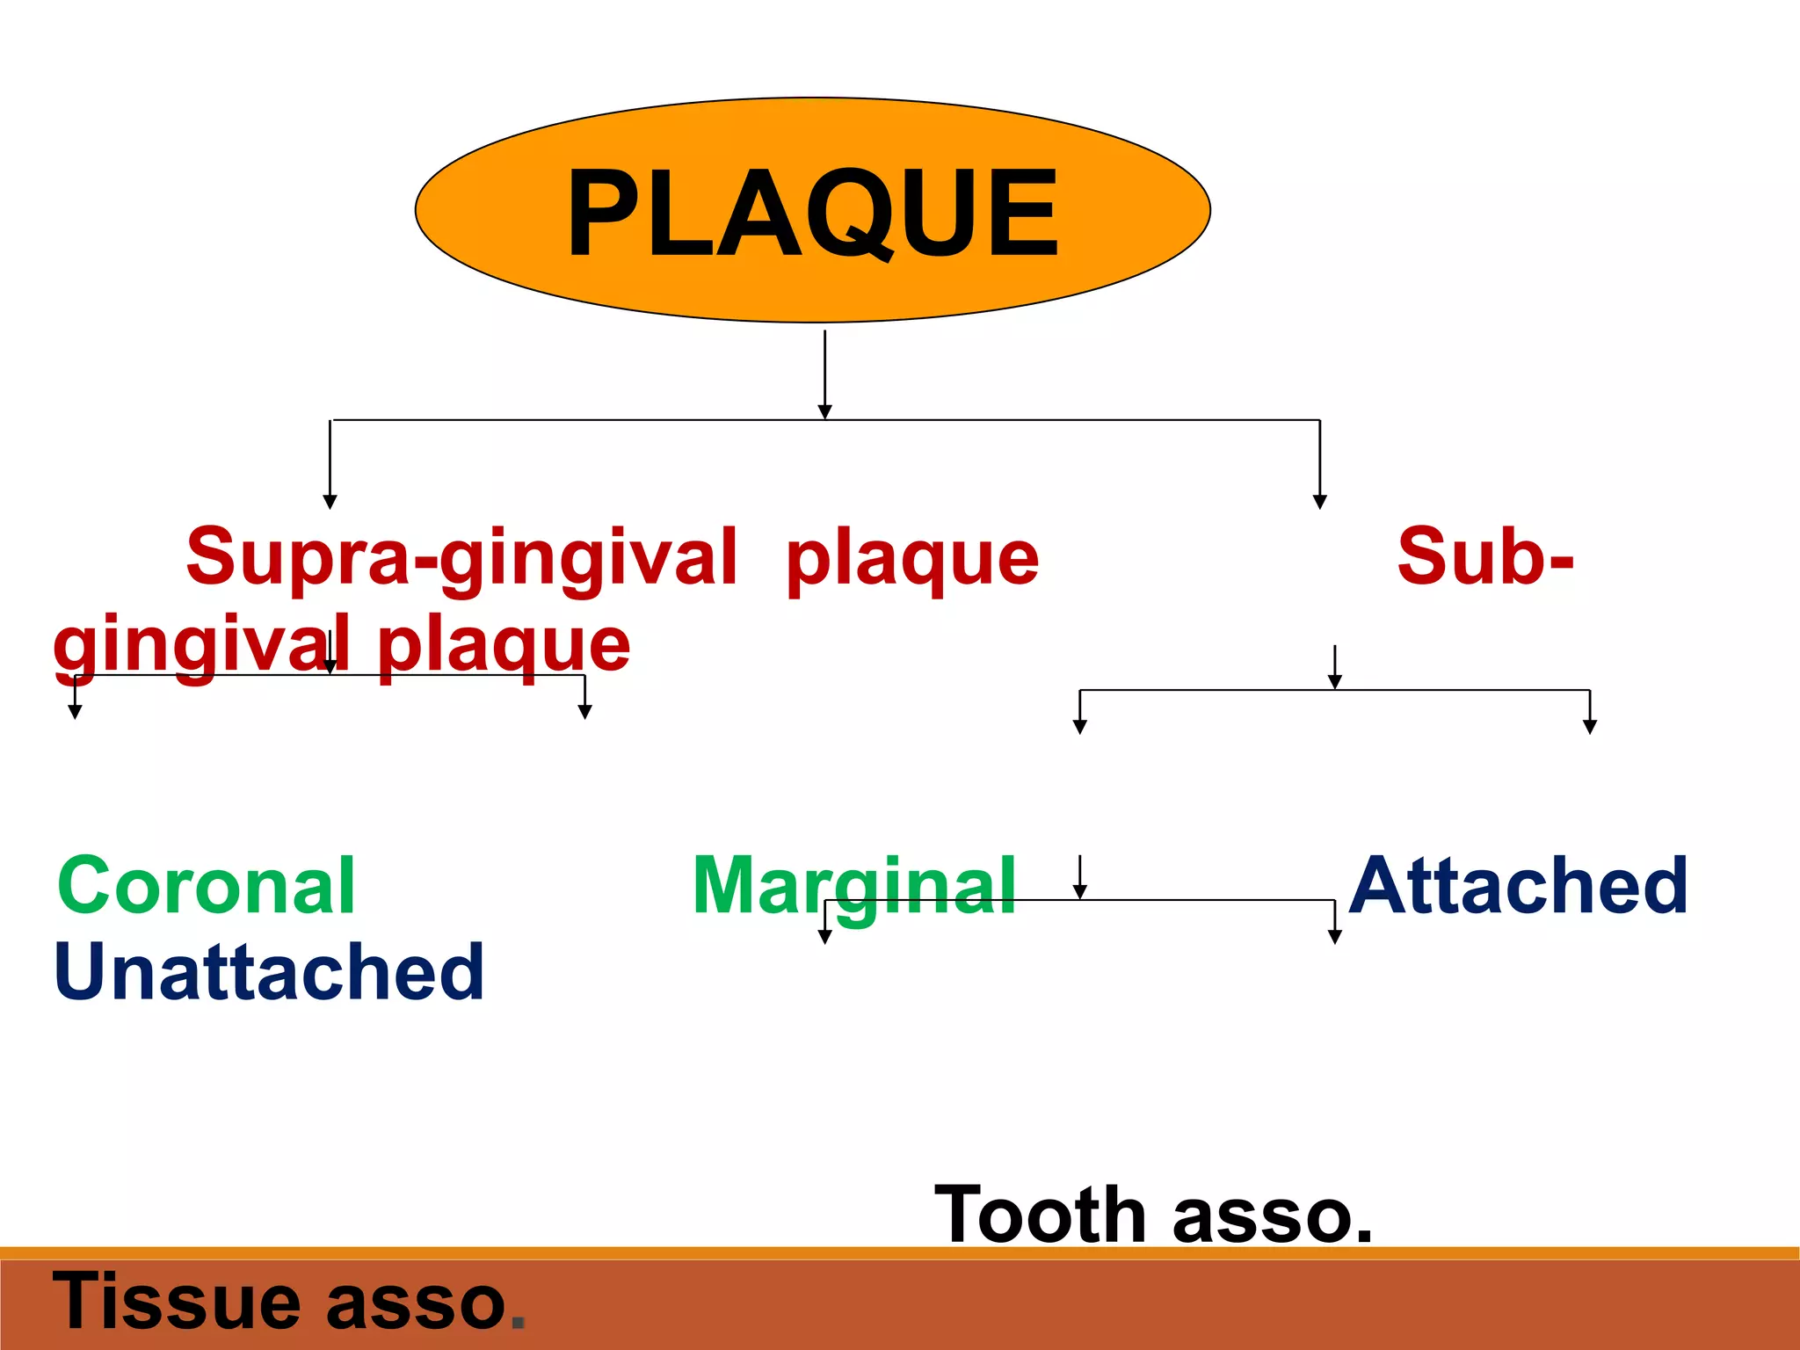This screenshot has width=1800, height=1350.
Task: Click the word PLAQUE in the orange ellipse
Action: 813,214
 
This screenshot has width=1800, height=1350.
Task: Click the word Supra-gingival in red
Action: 461,556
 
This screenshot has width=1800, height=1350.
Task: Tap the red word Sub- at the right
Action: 1484,556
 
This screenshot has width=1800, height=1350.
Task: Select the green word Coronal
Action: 207,886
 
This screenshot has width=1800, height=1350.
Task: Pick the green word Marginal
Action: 853,886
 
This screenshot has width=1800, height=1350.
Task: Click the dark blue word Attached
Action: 1518,886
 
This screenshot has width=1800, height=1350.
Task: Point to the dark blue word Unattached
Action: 269,972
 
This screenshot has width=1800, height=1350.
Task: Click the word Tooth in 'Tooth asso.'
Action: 1040,1215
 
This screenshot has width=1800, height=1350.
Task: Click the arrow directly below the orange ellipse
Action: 824,374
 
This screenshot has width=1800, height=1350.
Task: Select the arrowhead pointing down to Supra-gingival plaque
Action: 330,501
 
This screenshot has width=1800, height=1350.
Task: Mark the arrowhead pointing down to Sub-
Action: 1319,501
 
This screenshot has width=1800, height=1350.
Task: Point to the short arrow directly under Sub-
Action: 1334,667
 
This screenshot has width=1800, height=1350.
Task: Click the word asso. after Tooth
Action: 1272,1216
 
